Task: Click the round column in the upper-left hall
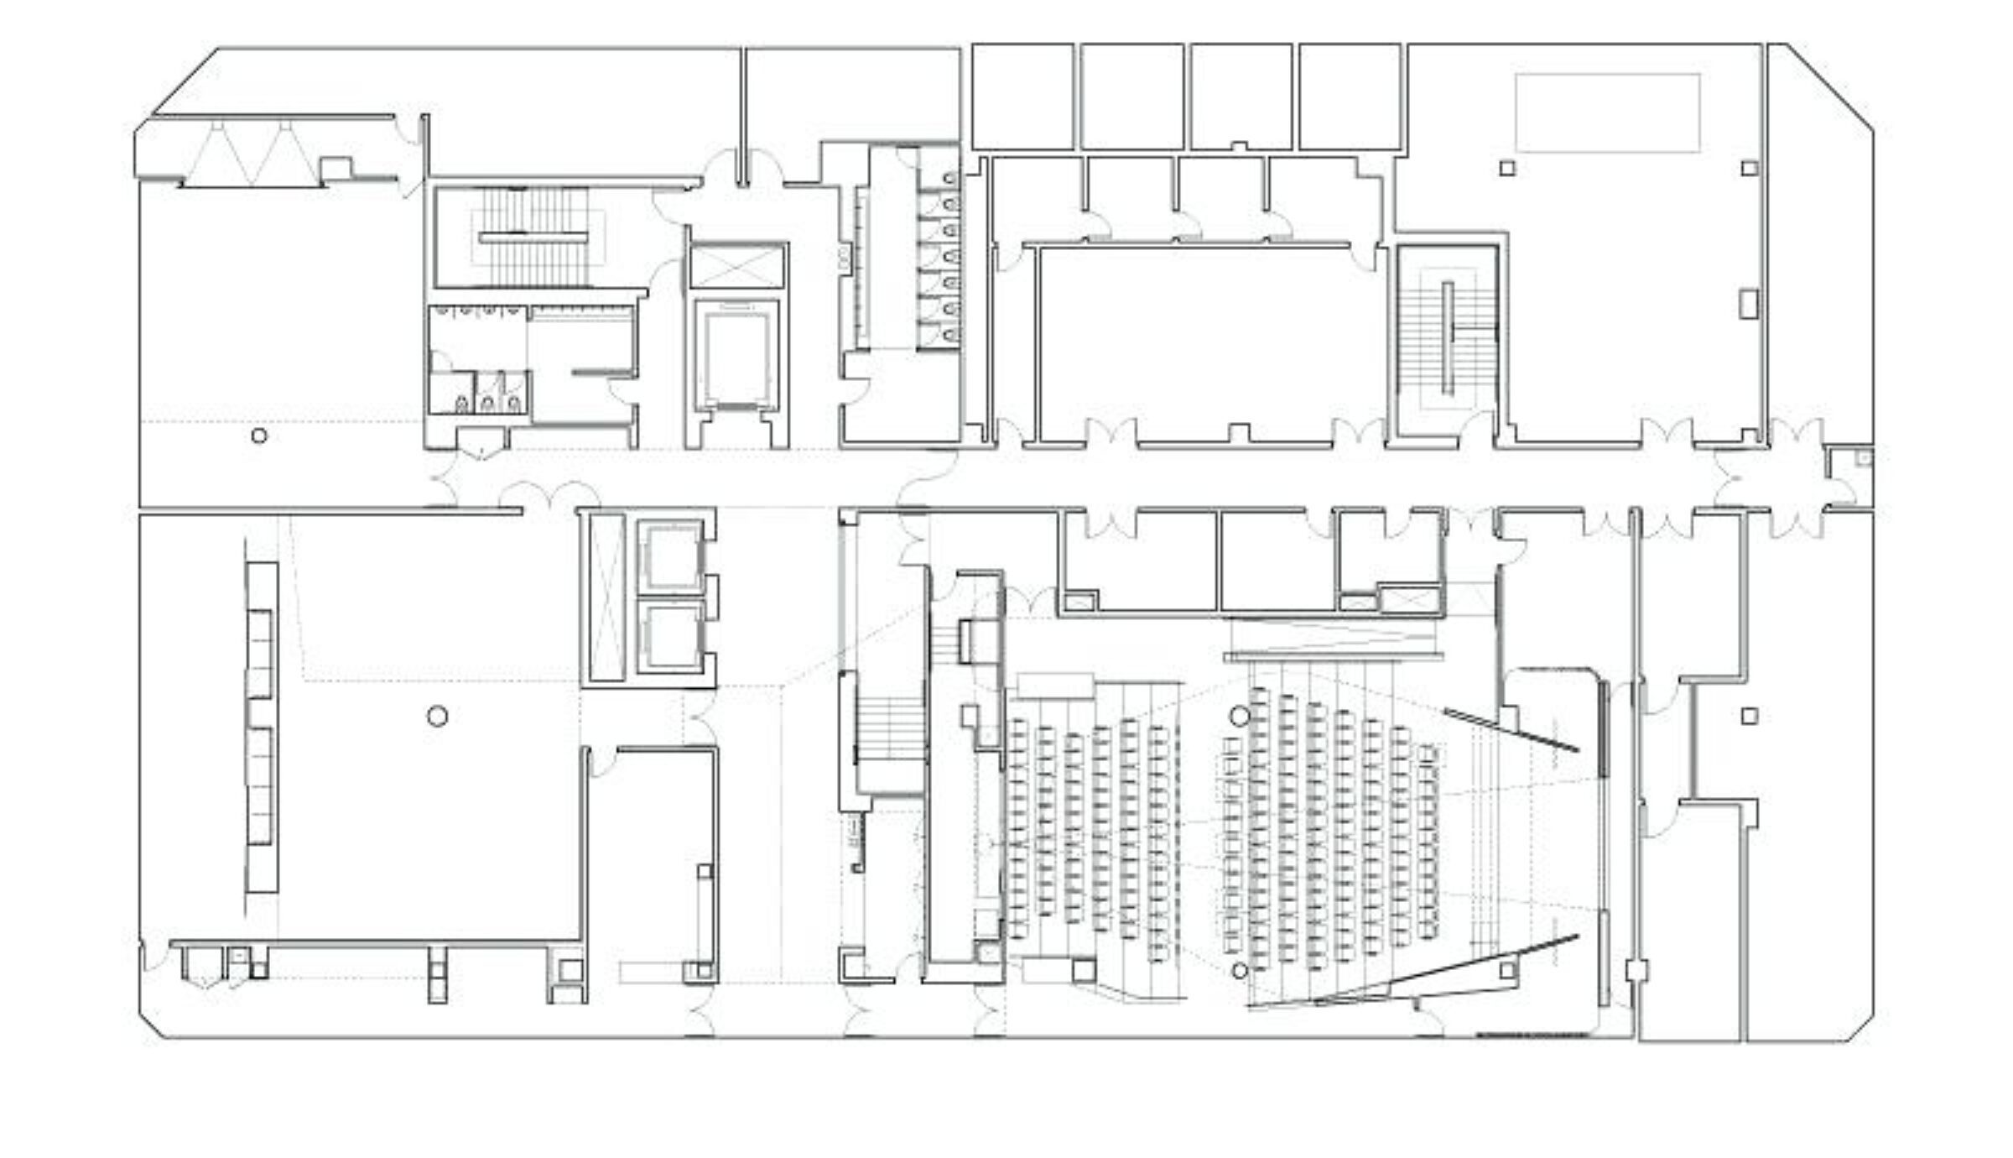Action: click(x=259, y=436)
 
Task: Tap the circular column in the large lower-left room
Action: click(x=437, y=716)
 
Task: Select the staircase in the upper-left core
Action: click(x=537, y=237)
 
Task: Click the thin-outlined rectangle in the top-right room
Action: click(x=1607, y=113)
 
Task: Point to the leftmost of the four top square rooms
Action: click(x=1022, y=97)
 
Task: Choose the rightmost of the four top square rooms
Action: click(x=1350, y=97)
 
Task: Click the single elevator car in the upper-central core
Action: click(x=736, y=356)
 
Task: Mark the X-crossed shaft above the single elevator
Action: click(x=736, y=266)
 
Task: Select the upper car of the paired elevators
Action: click(x=670, y=556)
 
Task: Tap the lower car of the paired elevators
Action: click(x=670, y=636)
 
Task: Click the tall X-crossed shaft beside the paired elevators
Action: click(x=606, y=596)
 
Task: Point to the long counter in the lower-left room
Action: click(x=262, y=726)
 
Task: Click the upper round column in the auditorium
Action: click(x=1240, y=715)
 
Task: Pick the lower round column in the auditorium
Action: click(x=1240, y=970)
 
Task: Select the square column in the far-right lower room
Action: click(x=1749, y=716)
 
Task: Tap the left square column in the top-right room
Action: click(x=1507, y=168)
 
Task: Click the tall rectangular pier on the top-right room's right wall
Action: click(x=1748, y=304)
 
